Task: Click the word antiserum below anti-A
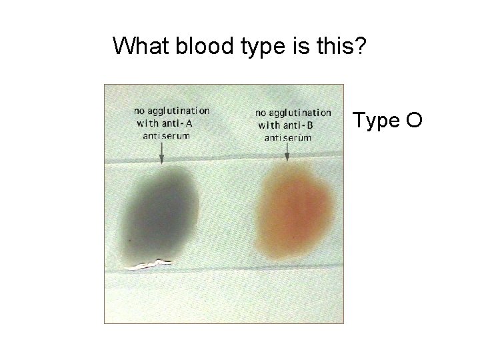coord(167,135)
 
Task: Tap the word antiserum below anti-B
coord(288,138)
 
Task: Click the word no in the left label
coord(140,111)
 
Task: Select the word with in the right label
coord(269,125)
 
